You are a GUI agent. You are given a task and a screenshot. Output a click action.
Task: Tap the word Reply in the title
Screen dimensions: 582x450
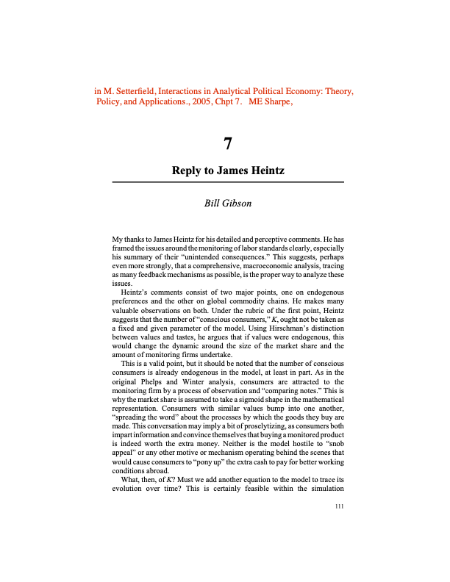click(187, 170)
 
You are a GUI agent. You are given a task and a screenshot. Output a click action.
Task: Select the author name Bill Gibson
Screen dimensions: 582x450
click(227, 203)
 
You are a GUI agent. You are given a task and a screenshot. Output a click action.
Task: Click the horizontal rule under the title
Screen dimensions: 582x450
click(227, 181)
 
